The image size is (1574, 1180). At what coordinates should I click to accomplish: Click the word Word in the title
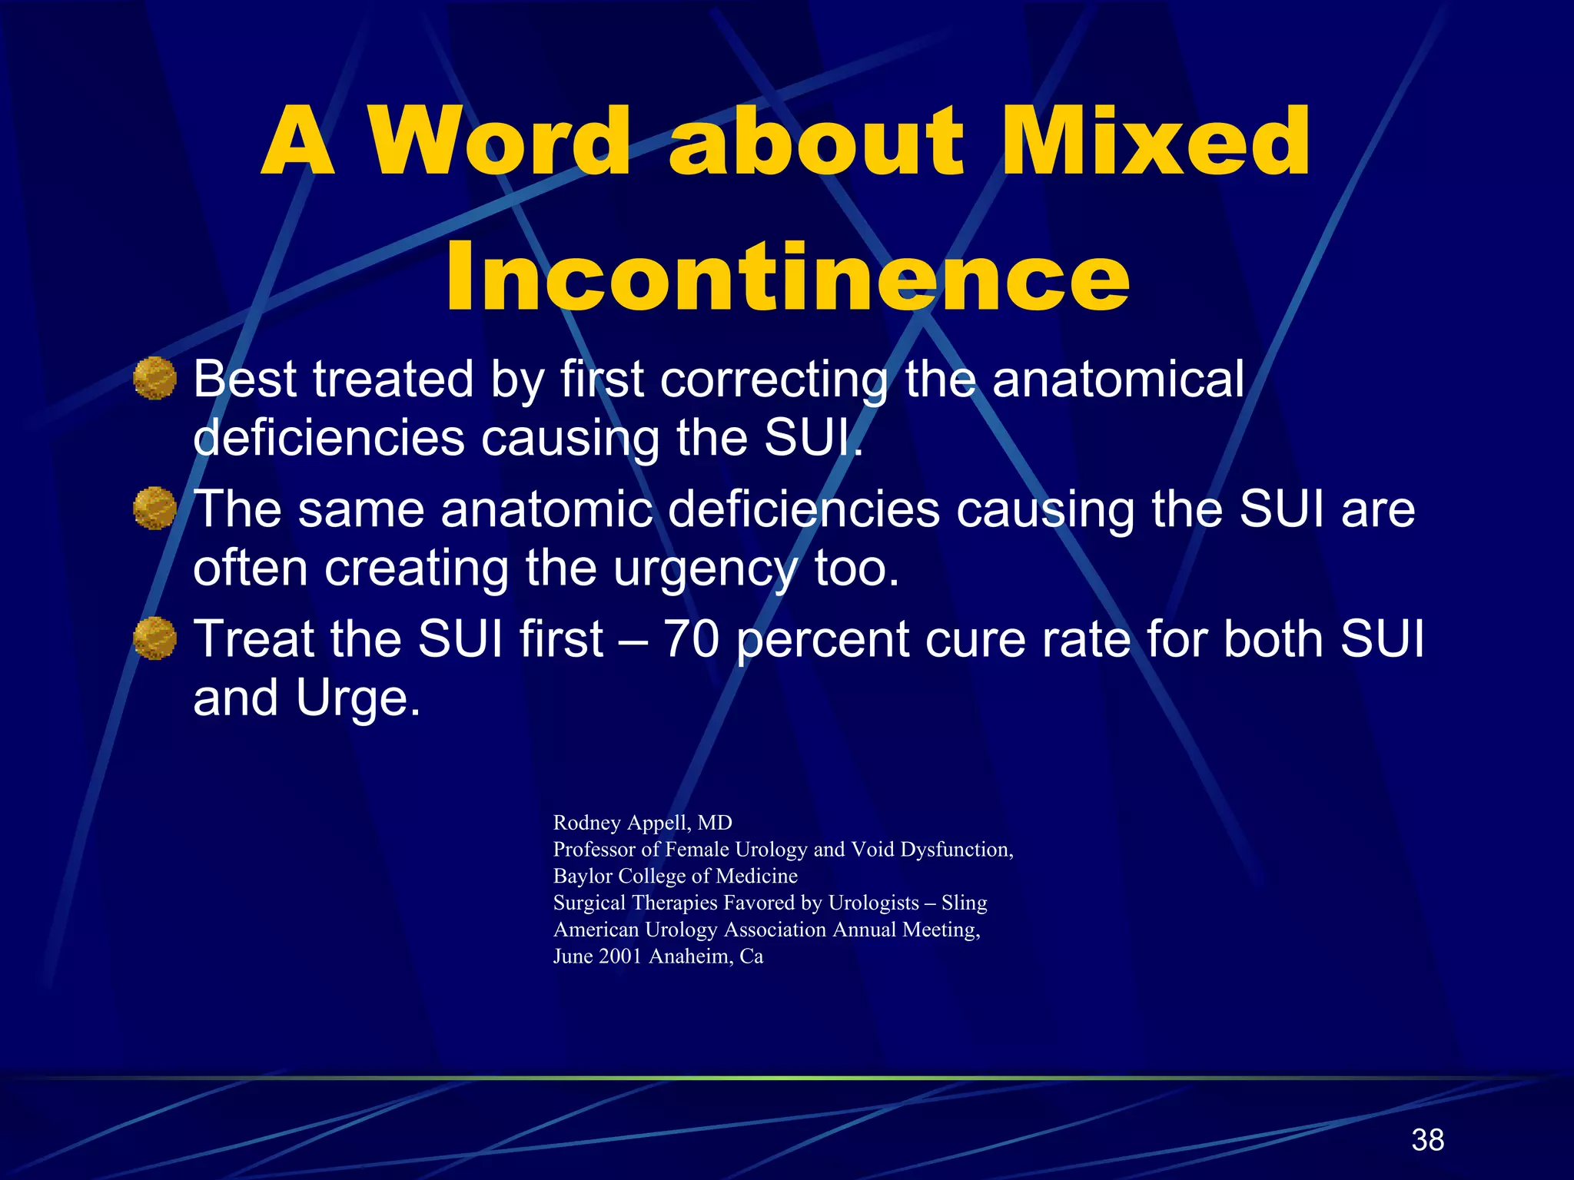tap(500, 143)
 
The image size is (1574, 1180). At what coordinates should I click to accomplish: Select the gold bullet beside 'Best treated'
tap(154, 378)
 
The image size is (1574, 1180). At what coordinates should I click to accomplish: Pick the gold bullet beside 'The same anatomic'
tap(154, 508)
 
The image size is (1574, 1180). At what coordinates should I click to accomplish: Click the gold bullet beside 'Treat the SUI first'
tap(154, 638)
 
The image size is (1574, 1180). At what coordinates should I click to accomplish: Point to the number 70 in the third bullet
tap(691, 639)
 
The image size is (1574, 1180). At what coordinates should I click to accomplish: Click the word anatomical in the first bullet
tap(1117, 380)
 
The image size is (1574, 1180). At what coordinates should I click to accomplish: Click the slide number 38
tap(1427, 1140)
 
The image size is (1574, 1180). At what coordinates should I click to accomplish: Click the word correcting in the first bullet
tap(773, 380)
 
